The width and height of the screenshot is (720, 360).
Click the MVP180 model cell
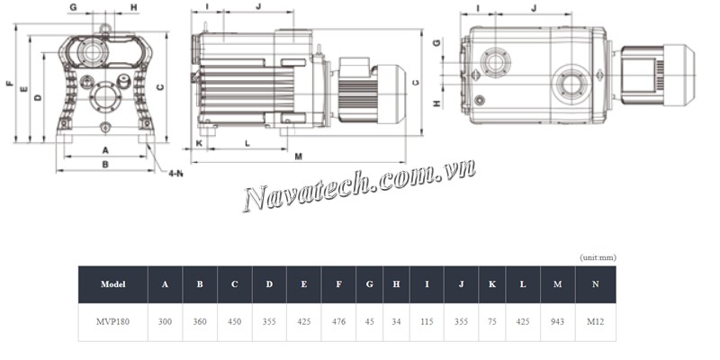[113, 322]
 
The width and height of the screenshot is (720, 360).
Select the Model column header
[113, 284]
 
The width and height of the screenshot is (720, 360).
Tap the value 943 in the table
[557, 322]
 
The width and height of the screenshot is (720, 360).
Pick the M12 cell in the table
[596, 322]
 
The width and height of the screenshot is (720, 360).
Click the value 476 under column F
[339, 322]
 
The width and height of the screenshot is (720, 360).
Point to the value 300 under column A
[165, 322]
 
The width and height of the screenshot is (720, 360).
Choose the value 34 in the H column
[396, 322]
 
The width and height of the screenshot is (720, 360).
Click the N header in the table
[596, 284]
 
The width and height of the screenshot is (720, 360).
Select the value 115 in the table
[427, 322]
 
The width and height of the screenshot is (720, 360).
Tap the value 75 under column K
[492, 322]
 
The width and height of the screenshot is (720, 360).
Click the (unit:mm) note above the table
[598, 257]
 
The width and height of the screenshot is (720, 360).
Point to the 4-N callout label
[175, 174]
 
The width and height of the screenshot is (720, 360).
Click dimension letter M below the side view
[299, 157]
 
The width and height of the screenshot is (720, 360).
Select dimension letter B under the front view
[105, 164]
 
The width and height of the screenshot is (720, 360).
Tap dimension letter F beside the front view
[10, 83]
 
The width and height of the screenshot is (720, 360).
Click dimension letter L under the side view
[247, 144]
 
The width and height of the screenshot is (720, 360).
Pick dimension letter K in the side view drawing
[199, 144]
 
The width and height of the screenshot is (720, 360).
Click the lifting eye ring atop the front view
[105, 29]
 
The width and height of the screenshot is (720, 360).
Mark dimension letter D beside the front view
[39, 97]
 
